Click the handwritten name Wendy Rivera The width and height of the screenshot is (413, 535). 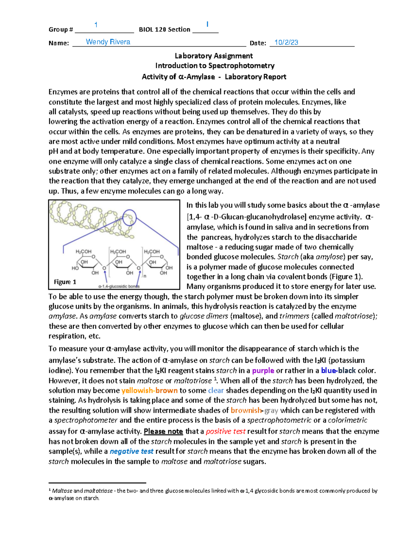pyautogui.click(x=108, y=42)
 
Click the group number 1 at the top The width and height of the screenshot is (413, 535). pyautogui.click(x=96, y=25)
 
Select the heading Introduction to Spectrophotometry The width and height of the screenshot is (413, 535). pyautogui.click(x=215, y=65)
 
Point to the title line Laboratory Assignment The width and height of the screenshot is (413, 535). pyautogui.click(x=214, y=56)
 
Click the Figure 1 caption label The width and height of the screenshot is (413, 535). pyautogui.click(x=65, y=282)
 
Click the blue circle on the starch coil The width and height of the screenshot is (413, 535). pyautogui.click(x=129, y=217)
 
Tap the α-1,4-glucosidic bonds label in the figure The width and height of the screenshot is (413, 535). pyautogui.click(x=119, y=286)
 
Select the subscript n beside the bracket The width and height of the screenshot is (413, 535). pyautogui.click(x=145, y=276)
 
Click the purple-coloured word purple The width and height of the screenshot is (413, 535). pyautogui.click(x=263, y=371)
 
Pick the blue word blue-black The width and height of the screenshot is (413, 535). pyautogui.click(x=338, y=371)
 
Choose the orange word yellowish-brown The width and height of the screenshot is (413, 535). pyautogui.click(x=149, y=390)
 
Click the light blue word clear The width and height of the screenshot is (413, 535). pyautogui.click(x=216, y=390)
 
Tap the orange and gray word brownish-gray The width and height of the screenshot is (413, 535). pyautogui.click(x=254, y=410)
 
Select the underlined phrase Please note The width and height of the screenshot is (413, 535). pyautogui.click(x=163, y=431)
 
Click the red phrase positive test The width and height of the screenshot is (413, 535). pyautogui.click(x=225, y=431)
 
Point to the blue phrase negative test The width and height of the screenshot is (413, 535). pyautogui.click(x=131, y=451)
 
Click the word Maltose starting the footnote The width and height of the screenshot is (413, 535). pyautogui.click(x=62, y=491)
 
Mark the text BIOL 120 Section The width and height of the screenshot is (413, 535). pyautogui.click(x=165, y=30)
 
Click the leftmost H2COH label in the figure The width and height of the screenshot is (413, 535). pyautogui.click(x=83, y=251)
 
